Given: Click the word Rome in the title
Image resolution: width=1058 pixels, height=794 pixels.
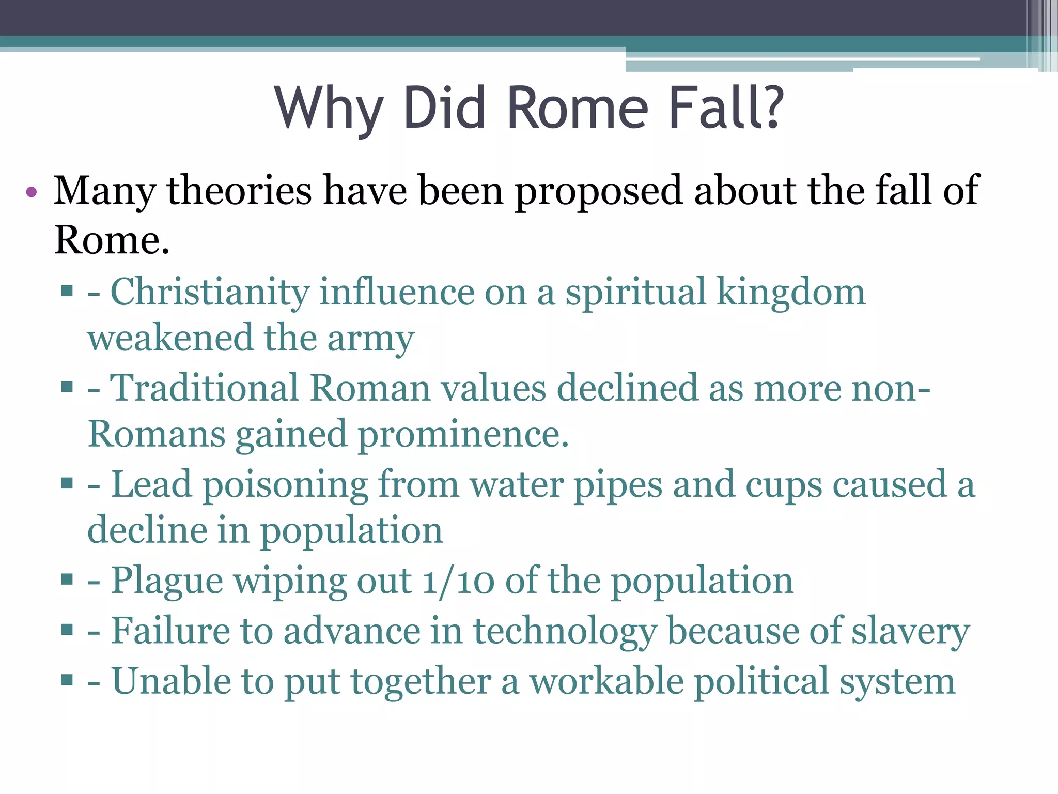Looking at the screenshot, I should pyautogui.click(x=578, y=109).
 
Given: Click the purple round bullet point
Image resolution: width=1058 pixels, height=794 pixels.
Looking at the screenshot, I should pyautogui.click(x=32, y=192).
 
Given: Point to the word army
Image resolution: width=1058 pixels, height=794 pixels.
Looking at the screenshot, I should pyautogui.click(x=371, y=339).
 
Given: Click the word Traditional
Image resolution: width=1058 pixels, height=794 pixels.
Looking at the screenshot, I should pyautogui.click(x=204, y=388).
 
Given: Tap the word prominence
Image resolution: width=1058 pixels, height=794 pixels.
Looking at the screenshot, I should pyautogui.click(x=463, y=435).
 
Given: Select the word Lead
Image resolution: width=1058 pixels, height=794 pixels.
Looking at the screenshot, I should pyautogui.click(x=151, y=485).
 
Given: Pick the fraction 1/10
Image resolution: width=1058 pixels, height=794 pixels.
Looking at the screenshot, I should pyautogui.click(x=458, y=581).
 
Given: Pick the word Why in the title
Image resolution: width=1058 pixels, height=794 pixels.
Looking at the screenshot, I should pyautogui.click(x=329, y=109).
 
